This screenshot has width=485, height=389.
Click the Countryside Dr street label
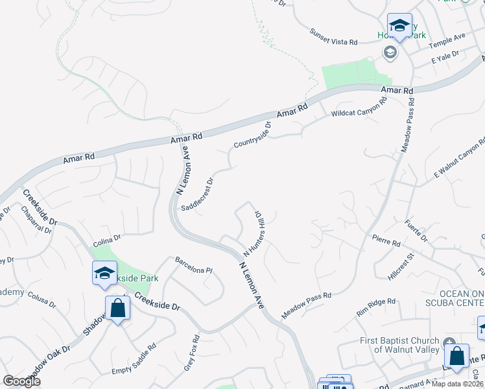click(252, 135)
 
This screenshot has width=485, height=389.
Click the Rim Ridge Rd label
click(376, 306)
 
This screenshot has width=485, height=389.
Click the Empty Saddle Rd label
click(134, 368)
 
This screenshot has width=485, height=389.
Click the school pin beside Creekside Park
click(104, 275)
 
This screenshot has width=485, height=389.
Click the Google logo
click(21, 381)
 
